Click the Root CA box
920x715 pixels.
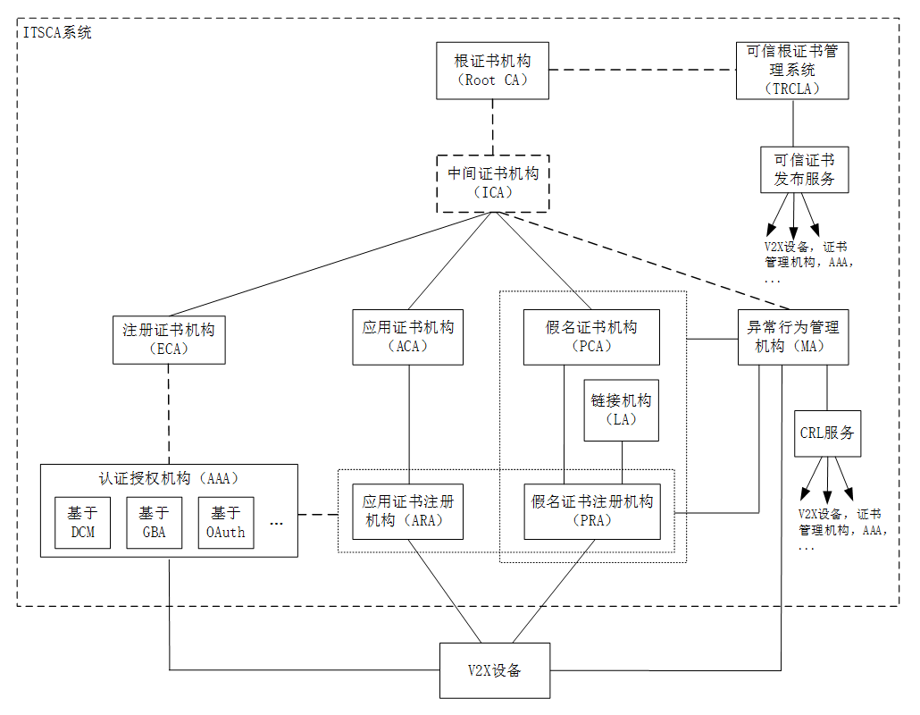pyautogui.click(x=492, y=71)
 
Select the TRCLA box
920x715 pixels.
pyautogui.click(x=791, y=71)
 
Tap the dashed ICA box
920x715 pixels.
pyautogui.click(x=492, y=182)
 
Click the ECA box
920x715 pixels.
pyautogui.click(x=169, y=339)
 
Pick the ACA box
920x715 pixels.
pyautogui.click(x=408, y=337)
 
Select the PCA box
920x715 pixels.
pyautogui.click(x=590, y=337)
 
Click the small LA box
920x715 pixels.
pyautogui.click(x=621, y=410)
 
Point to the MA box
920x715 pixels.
pyautogui.click(x=793, y=337)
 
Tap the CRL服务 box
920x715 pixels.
pyautogui.click(x=826, y=433)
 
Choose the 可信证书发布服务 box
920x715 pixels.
pyautogui.click(x=804, y=170)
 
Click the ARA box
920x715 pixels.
pyautogui.click(x=408, y=511)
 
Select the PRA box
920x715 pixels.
pyautogui.click(x=591, y=511)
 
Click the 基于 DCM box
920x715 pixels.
pyautogui.click(x=82, y=523)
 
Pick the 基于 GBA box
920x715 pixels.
pyautogui.click(x=154, y=523)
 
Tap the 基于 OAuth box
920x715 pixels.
pyautogui.click(x=226, y=523)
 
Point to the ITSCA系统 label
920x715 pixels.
pyautogui.click(x=56, y=32)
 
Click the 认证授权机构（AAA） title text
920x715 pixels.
pyautogui.click(x=169, y=478)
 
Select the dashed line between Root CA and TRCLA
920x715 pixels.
pyautogui.click(x=642, y=70)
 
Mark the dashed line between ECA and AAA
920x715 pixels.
pyautogui.click(x=169, y=414)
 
